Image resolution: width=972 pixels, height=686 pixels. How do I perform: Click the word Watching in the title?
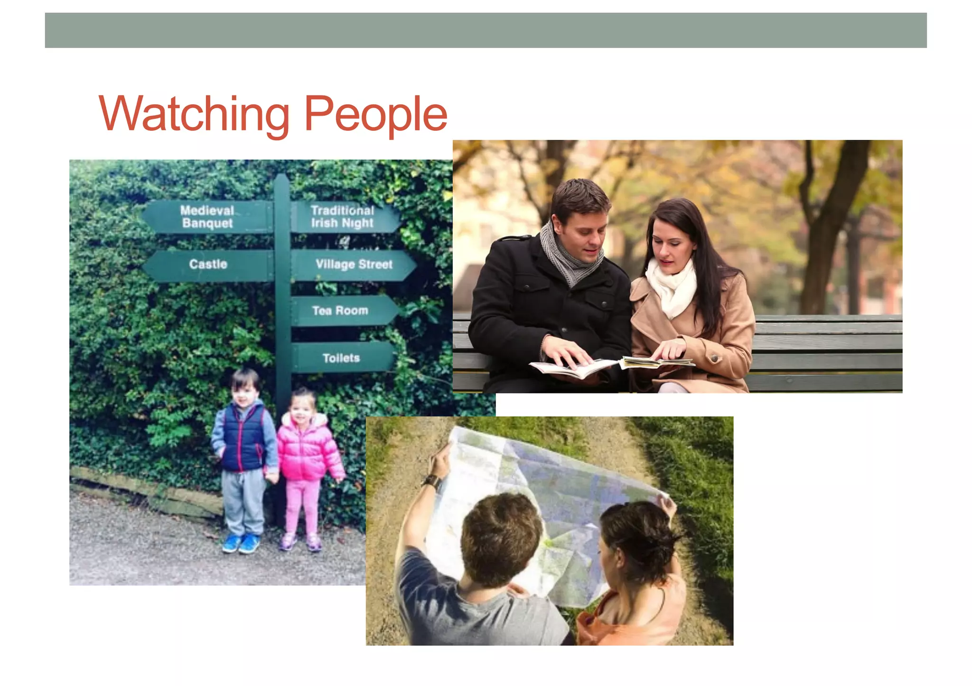(194, 113)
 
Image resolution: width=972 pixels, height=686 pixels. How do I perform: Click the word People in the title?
(375, 114)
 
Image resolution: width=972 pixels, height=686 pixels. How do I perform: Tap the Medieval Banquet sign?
(208, 217)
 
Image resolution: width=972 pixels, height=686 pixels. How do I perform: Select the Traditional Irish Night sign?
(343, 217)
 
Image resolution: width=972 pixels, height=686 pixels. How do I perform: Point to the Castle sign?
(208, 265)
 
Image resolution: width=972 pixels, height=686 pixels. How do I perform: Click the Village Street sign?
(354, 265)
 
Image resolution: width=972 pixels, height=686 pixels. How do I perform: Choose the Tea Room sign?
(340, 311)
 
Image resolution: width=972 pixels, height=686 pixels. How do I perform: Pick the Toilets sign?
(341, 358)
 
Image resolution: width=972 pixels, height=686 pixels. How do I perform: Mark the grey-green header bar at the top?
(486, 30)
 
